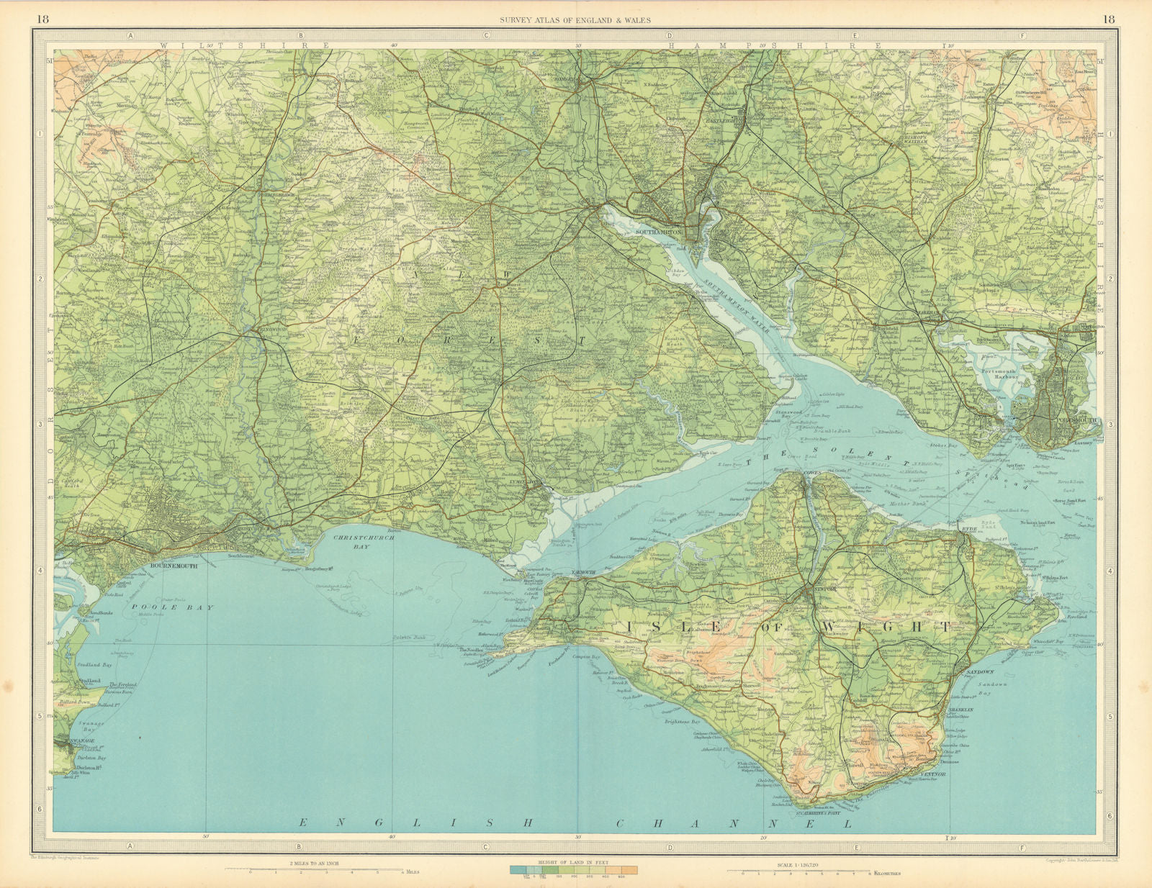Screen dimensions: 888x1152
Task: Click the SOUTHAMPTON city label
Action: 659,232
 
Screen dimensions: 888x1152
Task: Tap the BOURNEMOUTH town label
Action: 174,566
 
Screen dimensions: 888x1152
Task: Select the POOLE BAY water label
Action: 173,607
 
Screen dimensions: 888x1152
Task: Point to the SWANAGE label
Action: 71,740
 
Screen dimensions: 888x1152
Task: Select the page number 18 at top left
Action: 42,19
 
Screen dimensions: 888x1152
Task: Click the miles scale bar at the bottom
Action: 324,870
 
